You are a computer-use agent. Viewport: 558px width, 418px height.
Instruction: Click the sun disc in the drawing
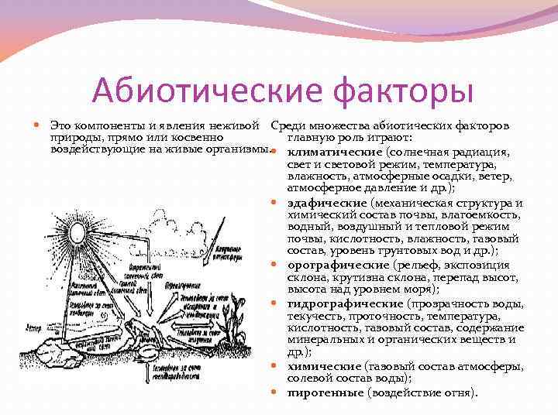click(x=80, y=232)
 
